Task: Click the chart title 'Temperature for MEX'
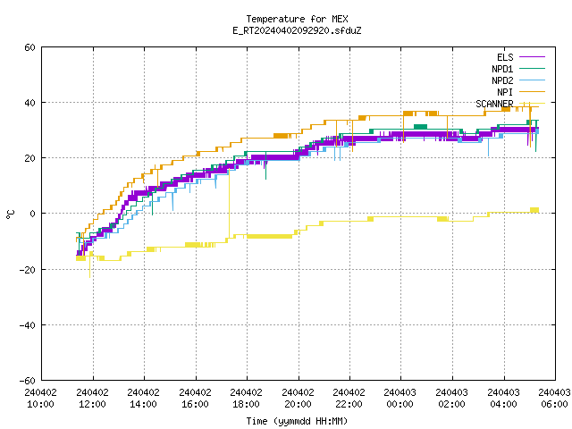pos(297,19)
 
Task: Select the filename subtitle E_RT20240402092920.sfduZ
pos(297,30)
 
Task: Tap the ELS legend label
pos(505,57)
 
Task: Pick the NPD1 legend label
pos(502,69)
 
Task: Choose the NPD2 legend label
pos(502,80)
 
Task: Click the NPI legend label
pos(505,92)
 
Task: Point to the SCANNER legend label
pos(494,104)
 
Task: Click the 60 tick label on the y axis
pos(29,47)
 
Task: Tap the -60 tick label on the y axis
pos(28,381)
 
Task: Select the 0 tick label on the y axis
pos(33,214)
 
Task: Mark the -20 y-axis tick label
pos(28,270)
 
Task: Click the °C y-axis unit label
pos(10,214)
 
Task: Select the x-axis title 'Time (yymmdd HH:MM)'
pos(297,421)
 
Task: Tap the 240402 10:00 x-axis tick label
pos(41,399)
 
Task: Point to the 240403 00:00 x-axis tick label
pos(400,399)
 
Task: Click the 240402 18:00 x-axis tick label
pos(247,399)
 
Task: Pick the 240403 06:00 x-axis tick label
pos(554,399)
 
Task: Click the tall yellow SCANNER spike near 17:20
pos(229,205)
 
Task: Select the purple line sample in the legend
pos(533,57)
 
